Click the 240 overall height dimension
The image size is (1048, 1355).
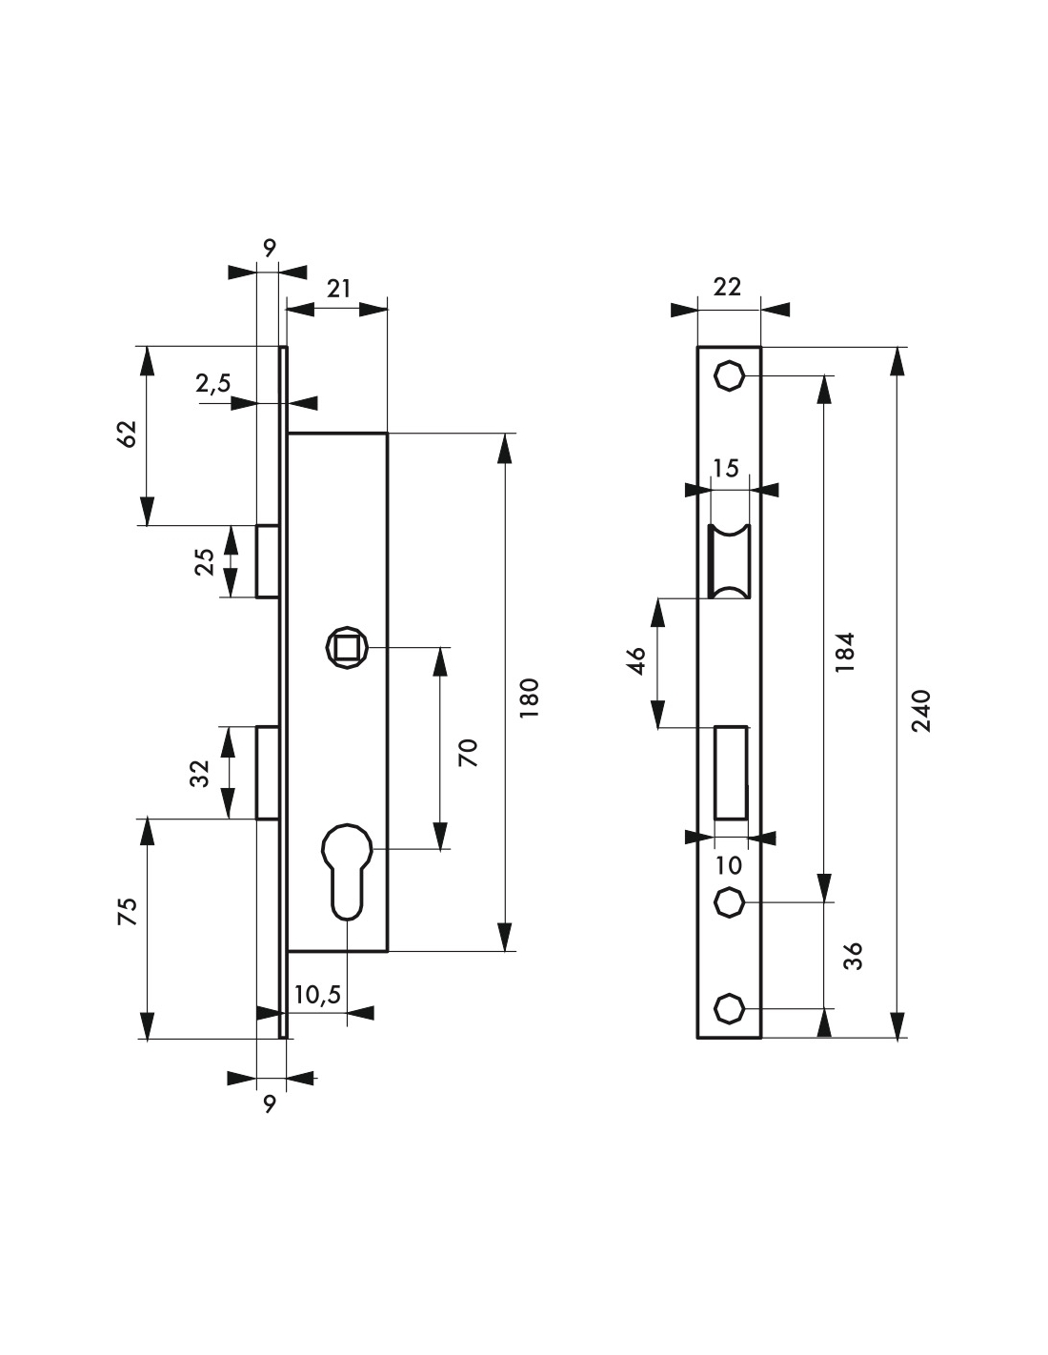(x=921, y=711)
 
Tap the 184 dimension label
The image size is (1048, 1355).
(x=845, y=652)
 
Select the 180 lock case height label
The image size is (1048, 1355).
(x=530, y=698)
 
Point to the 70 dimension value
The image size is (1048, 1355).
(x=468, y=753)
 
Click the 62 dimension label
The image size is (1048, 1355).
(x=127, y=435)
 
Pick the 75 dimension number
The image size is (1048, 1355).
(x=127, y=911)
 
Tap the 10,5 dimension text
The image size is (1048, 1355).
(x=317, y=995)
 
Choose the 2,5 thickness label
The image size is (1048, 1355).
(x=213, y=384)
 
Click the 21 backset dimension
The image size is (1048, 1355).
(x=338, y=289)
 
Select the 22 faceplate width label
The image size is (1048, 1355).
(x=727, y=287)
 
